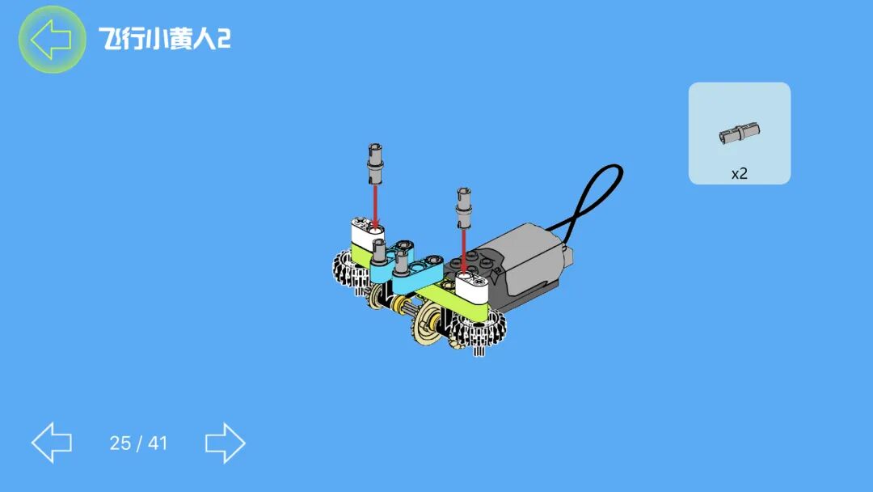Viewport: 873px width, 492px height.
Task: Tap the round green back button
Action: [x=52, y=39]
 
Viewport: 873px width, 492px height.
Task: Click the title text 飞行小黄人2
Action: [x=165, y=39]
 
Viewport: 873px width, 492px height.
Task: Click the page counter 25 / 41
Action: [x=138, y=443]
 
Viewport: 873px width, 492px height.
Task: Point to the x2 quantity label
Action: [x=739, y=174]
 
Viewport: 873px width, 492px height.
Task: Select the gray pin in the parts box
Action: [x=740, y=134]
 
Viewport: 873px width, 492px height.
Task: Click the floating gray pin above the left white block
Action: [x=375, y=163]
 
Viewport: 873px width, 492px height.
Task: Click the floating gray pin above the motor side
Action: [x=464, y=208]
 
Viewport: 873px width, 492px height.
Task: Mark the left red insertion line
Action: [x=375, y=206]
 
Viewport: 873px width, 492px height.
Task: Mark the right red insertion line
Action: [x=464, y=252]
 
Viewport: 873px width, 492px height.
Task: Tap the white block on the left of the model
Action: [x=368, y=233]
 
